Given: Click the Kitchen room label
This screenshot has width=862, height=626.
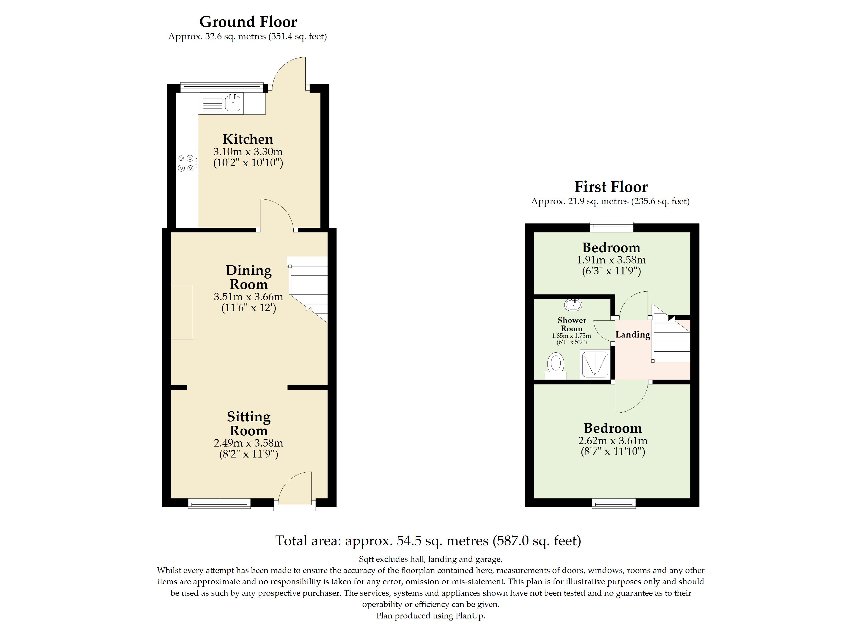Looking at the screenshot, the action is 248,139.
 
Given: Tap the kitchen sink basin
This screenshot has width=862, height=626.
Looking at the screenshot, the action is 232,103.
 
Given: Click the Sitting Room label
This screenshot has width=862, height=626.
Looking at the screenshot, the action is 249,424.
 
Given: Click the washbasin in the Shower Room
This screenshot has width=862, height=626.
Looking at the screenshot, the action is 573,304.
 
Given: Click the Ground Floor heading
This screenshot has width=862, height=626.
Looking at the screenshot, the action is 248,22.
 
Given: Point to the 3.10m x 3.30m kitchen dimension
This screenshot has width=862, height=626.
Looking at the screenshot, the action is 248,152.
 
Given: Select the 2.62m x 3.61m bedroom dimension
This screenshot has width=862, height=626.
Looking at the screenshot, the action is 613,441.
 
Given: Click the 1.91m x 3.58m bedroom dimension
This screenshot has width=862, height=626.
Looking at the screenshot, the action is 611,260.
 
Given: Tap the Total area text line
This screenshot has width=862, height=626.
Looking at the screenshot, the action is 428,541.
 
